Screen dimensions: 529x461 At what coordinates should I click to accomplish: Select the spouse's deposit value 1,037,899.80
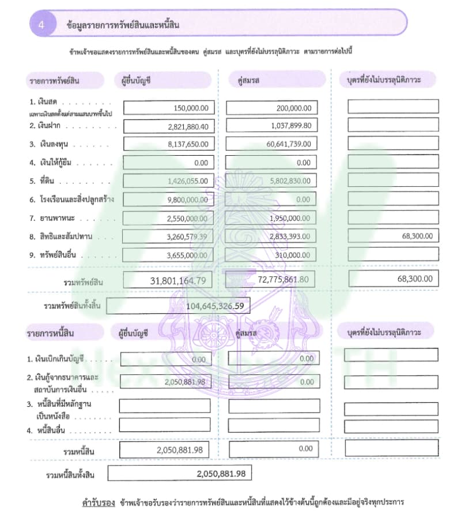tap(290, 126)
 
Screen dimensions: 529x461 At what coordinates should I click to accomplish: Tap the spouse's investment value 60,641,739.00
tap(289, 144)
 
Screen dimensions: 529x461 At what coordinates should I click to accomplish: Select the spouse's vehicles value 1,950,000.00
tap(290, 218)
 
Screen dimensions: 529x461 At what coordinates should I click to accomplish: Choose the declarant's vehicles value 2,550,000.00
tap(188, 218)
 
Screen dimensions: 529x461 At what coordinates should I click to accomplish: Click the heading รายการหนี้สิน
tap(50, 333)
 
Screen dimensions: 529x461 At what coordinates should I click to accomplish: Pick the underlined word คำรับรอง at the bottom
tap(99, 502)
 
